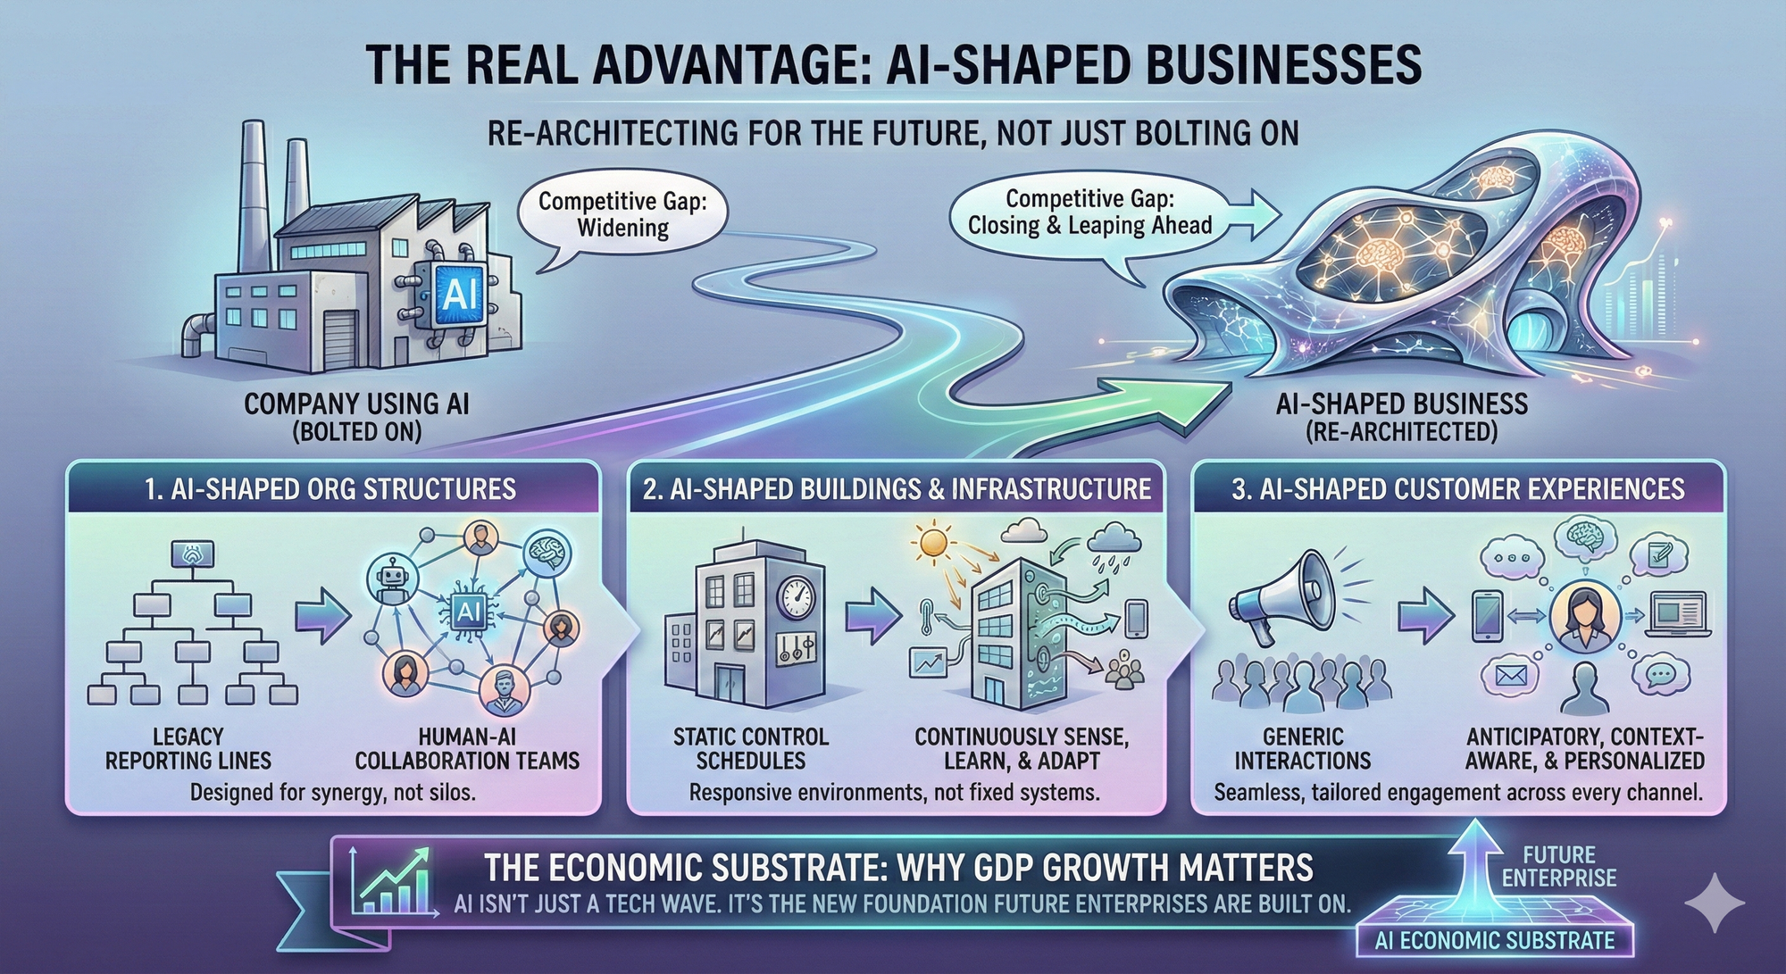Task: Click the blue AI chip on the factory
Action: [460, 292]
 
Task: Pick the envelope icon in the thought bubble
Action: [1510, 676]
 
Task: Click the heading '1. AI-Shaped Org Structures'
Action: [330, 489]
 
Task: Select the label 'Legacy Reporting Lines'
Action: [188, 748]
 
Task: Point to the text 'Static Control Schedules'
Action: [750, 748]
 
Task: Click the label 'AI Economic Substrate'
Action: [1495, 940]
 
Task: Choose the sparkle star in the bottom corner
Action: [1714, 903]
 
